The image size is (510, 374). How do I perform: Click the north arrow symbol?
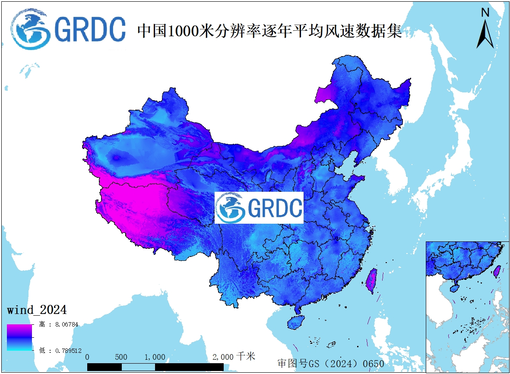click(485, 35)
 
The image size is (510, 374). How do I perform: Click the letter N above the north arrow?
click(485, 13)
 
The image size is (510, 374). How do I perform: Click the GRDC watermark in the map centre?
click(259, 208)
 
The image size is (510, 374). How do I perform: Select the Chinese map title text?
click(269, 31)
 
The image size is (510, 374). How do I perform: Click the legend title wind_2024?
click(37, 310)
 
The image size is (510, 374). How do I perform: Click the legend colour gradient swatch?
click(19, 337)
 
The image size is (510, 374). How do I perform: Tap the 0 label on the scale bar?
click(88, 357)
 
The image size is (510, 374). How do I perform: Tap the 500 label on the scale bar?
click(121, 357)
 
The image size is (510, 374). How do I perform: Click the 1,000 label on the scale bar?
click(155, 357)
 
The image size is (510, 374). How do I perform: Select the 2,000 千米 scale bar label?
click(234, 357)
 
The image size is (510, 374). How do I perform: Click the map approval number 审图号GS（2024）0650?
click(330, 363)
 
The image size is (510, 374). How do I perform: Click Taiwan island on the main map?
click(371, 280)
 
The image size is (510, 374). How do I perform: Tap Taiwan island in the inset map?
click(496, 271)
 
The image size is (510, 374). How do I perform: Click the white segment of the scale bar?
click(138, 367)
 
